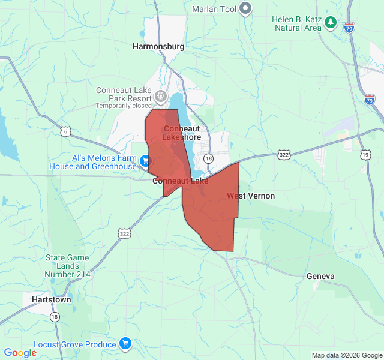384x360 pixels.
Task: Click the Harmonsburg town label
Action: (158, 46)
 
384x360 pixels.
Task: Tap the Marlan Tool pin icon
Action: (245, 8)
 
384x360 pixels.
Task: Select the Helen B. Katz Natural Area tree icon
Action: (330, 23)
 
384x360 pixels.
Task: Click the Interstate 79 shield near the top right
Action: (350, 27)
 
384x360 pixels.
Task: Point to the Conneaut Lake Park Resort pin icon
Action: (160, 95)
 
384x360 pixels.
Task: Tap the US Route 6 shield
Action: (65, 131)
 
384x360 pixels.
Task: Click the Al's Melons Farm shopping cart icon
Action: (145, 161)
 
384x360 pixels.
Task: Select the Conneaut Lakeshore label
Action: (182, 133)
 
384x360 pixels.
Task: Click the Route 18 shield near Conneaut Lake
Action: (208, 158)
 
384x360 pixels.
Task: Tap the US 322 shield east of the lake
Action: (284, 155)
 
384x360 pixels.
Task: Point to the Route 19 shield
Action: (365, 155)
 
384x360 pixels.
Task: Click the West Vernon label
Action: (251, 196)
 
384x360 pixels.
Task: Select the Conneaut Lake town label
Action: (180, 181)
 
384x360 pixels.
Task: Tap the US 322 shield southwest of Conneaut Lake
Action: (124, 233)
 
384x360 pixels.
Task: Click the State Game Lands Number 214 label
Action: (67, 266)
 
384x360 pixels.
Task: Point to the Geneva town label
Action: (320, 276)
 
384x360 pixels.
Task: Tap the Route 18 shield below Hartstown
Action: (55, 316)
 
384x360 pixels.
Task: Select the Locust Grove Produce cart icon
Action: (125, 344)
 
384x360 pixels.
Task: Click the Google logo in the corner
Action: (20, 353)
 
